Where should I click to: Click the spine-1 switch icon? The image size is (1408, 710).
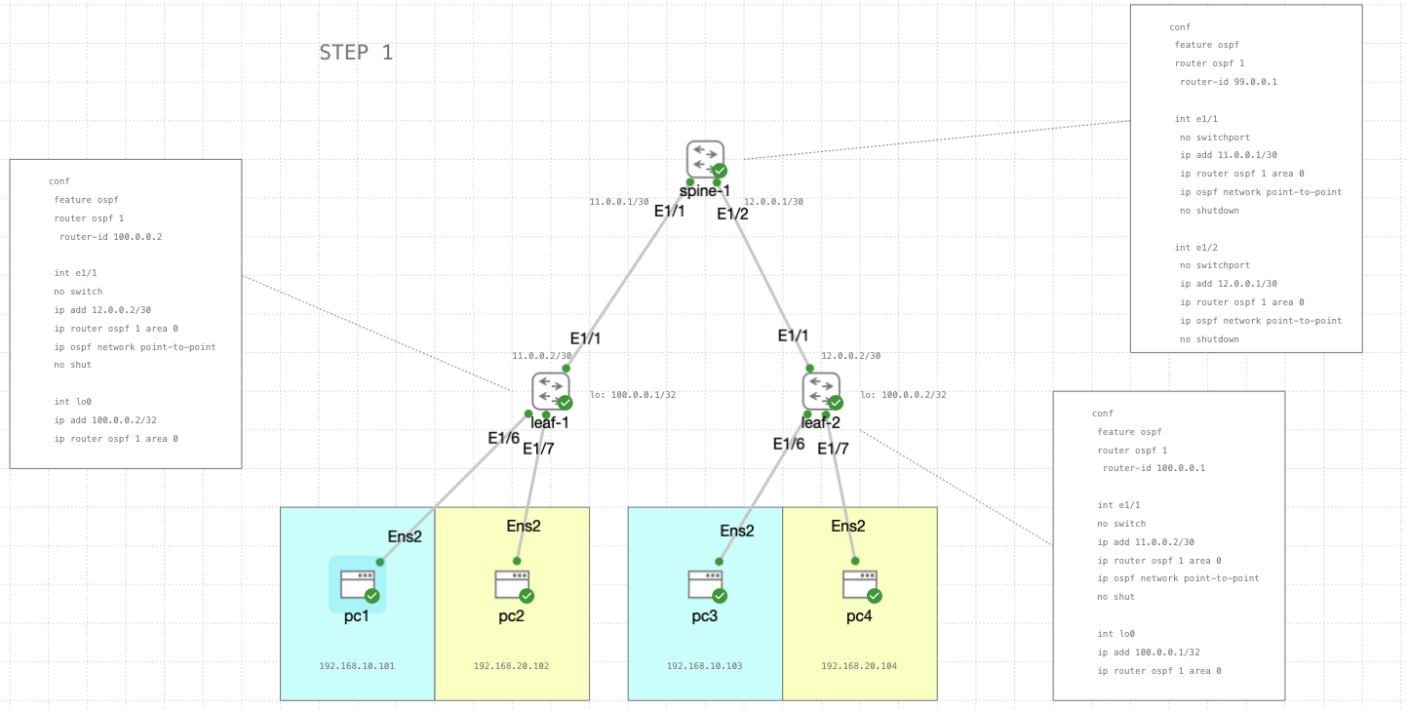(x=705, y=159)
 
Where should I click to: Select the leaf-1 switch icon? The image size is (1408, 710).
(x=551, y=391)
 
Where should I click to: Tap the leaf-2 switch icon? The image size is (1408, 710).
(x=821, y=391)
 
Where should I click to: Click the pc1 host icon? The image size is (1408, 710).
(x=357, y=584)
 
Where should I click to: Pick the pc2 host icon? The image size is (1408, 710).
(x=512, y=584)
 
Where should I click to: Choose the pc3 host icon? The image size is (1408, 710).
(x=705, y=584)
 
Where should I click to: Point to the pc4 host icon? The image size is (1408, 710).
(x=860, y=584)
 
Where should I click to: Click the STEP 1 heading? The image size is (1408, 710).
(x=356, y=53)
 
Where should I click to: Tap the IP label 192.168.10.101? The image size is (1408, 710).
(x=357, y=666)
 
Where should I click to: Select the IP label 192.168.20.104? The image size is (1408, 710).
(x=859, y=666)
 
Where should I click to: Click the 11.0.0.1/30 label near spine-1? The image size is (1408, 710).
(x=618, y=202)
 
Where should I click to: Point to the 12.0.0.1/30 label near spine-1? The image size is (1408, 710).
(x=773, y=202)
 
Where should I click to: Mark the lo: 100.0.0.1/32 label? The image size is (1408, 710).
(x=633, y=395)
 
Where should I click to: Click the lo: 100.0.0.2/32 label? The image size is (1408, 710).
(x=903, y=395)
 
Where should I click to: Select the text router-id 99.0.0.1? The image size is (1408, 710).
(x=1228, y=82)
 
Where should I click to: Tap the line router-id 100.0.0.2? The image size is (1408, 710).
(x=110, y=237)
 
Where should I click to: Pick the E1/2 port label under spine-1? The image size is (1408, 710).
(x=732, y=215)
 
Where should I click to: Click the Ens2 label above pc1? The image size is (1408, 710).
(x=405, y=536)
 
